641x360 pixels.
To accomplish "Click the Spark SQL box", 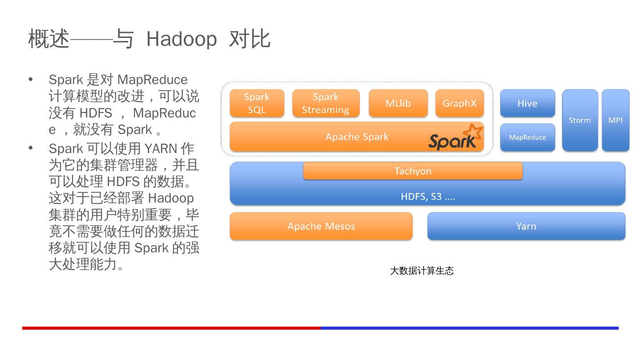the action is click(257, 103).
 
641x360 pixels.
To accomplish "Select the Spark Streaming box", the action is click(325, 103).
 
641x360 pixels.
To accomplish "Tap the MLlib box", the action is click(398, 103).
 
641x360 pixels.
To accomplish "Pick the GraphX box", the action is click(459, 103).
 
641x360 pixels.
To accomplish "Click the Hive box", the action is click(527, 103).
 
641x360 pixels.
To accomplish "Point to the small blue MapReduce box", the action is click(527, 137).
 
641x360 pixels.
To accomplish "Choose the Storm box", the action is click(580, 120).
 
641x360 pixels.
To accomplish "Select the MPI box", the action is click(615, 120).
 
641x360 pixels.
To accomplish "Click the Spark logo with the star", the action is click(455, 138).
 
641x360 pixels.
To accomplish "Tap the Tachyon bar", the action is click(413, 171).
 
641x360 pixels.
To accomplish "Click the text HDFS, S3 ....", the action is click(428, 197).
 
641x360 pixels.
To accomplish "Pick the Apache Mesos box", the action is click(321, 226).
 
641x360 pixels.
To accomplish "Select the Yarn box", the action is click(526, 226).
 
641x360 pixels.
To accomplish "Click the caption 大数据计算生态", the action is click(422, 271).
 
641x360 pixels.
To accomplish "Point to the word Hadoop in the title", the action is click(181, 39).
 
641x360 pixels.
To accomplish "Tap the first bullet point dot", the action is click(31, 80).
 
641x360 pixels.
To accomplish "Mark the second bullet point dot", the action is click(31, 148).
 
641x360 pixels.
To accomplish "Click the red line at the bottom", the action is click(171, 328).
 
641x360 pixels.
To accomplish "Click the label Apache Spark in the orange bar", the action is click(357, 137).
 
